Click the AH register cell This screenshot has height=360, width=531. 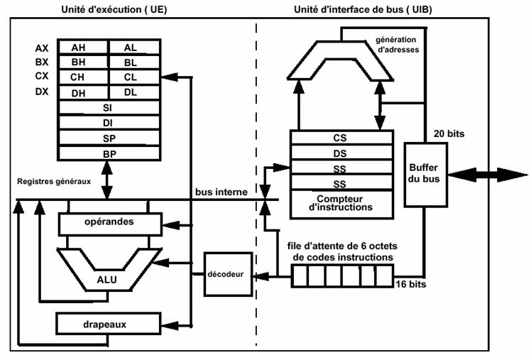[83, 47]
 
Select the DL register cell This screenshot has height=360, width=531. [131, 92]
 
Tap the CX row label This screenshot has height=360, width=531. [42, 77]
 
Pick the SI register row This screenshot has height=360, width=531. [107, 107]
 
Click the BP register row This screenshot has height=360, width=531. [107, 153]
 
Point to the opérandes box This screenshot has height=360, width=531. [107, 222]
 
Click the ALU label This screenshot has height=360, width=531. [107, 279]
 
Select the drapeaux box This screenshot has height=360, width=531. [106, 325]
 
